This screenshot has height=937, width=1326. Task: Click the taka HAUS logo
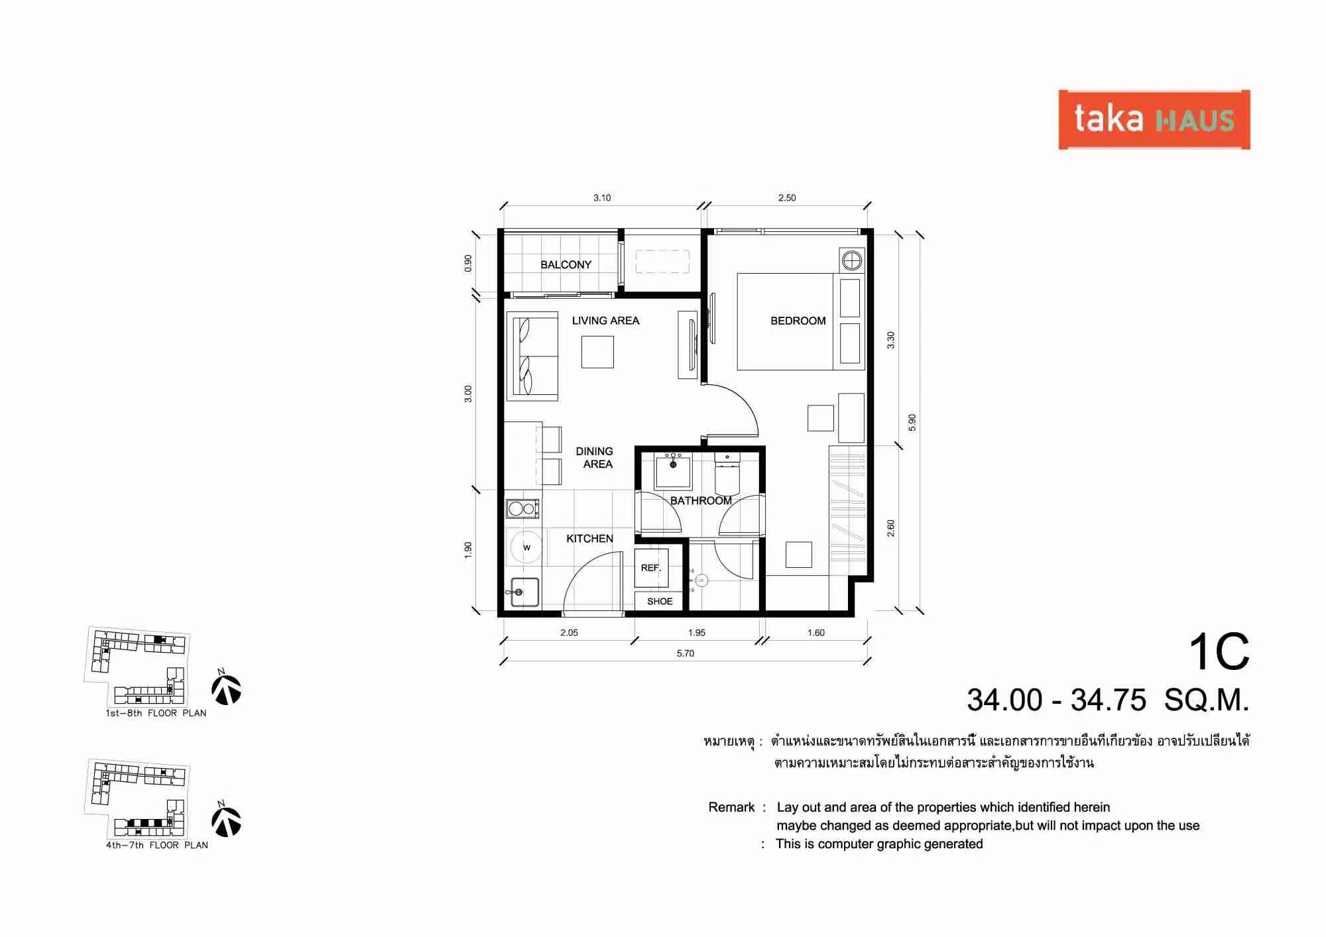pos(1154,120)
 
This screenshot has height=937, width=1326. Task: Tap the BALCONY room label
pos(566,264)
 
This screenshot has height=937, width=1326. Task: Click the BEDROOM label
pos(798,321)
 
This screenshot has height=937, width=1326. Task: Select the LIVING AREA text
pos(605,321)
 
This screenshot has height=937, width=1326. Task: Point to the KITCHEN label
pos(589,539)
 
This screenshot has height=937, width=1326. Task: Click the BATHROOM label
pos(701,501)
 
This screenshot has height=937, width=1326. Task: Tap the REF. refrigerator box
pos(651,568)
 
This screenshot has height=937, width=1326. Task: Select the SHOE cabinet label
pos(660,602)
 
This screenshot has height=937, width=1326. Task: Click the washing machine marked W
pos(526,547)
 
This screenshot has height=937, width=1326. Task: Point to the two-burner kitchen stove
pos(522,509)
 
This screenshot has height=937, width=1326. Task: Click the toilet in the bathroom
pos(727,473)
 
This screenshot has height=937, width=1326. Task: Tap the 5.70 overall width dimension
pos(686,653)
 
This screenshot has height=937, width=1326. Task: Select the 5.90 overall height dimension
pos(912,422)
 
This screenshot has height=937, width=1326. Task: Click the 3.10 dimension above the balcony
pos(602,197)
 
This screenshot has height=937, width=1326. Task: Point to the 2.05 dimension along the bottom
pos(569,633)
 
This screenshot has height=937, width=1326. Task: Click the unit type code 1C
pos(1219,652)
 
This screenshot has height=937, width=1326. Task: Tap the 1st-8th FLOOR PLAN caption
pos(156,714)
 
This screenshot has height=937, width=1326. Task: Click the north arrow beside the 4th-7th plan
pos(226,820)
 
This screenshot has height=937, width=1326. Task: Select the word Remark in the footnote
pos(731,807)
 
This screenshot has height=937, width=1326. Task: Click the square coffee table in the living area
pos(597,352)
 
